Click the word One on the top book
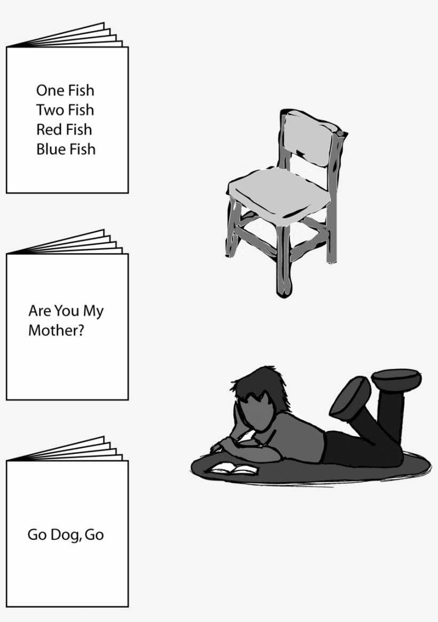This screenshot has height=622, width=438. click(50, 90)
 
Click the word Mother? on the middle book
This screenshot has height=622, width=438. click(56, 330)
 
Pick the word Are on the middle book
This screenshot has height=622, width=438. click(38, 311)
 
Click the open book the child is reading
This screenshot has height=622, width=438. click(233, 469)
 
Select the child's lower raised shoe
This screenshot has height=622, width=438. click(351, 397)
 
